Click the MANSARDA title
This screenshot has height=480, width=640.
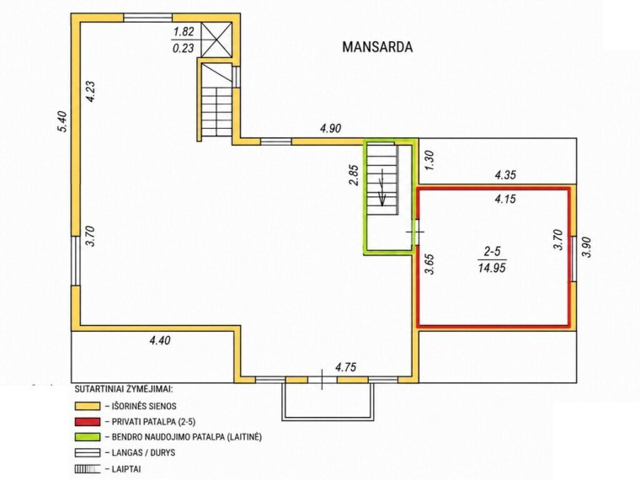point(377,47)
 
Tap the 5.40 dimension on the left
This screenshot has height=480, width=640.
point(62,122)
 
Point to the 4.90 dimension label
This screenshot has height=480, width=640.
point(331,129)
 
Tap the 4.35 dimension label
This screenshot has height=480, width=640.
point(505,175)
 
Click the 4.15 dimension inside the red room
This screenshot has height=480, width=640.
point(505,199)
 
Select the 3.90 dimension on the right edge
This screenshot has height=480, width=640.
point(586,247)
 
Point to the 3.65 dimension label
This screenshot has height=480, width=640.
point(429,264)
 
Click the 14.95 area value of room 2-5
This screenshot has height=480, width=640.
point(493,268)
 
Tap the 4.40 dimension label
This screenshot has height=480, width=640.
point(160,340)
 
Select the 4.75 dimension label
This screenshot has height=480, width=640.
point(346,367)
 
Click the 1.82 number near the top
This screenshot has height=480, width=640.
point(184,31)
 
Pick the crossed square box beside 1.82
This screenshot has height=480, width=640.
point(217,40)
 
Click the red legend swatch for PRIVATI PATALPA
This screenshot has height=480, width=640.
point(88,422)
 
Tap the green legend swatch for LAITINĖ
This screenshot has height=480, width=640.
point(88,437)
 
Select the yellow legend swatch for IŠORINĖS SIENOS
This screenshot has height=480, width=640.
point(88,406)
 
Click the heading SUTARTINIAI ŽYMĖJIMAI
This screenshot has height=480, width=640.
point(124,388)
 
